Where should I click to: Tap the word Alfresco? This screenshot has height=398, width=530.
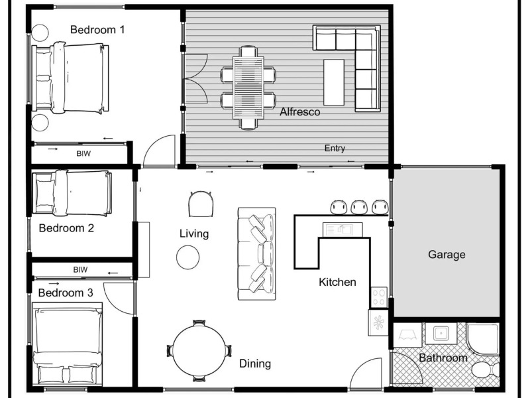299,112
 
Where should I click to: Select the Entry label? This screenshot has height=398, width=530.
335,149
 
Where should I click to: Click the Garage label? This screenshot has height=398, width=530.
447,254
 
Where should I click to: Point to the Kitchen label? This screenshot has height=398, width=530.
337,282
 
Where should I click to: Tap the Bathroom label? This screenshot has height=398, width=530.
443,358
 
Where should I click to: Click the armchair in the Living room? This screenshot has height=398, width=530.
201,204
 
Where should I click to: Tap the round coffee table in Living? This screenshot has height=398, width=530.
188,257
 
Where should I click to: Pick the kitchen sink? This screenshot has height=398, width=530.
342,230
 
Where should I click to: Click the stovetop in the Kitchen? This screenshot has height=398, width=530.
380,297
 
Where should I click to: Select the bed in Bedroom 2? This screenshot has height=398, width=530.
72,192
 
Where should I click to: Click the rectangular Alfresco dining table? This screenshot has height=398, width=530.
248,86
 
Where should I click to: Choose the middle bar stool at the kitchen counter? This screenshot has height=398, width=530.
360,207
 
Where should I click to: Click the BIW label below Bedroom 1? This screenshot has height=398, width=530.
83,154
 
